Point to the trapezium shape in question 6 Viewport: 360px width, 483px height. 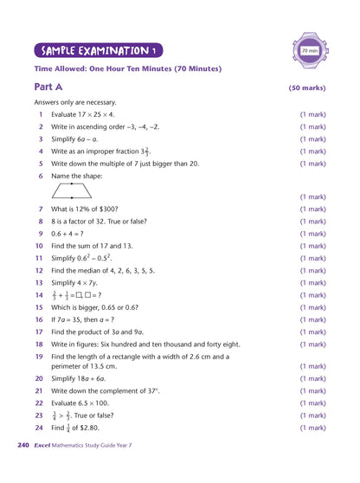(x=72, y=190)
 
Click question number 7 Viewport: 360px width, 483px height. (x=40, y=209)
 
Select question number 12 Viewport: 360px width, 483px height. (x=39, y=270)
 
